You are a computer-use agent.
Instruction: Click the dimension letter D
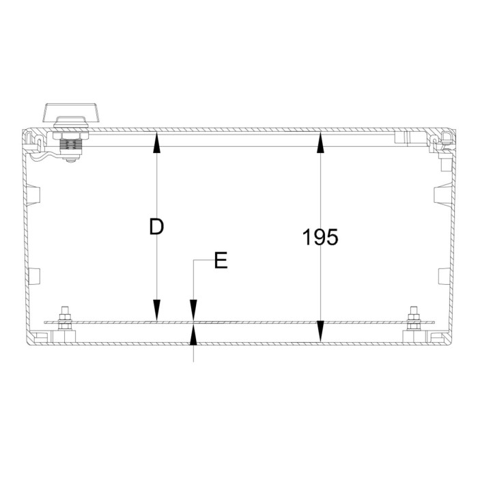(x=156, y=227)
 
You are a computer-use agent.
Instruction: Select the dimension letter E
(x=221, y=261)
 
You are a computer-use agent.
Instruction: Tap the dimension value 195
(x=320, y=238)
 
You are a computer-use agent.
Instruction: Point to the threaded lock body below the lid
(x=71, y=145)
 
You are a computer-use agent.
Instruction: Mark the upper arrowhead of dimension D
(x=157, y=140)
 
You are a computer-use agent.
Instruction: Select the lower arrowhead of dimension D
(x=157, y=313)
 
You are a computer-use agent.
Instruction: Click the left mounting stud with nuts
(x=66, y=320)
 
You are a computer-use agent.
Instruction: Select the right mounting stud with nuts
(x=412, y=320)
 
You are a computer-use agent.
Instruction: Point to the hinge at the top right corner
(x=442, y=140)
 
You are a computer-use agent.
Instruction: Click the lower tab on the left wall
(x=35, y=276)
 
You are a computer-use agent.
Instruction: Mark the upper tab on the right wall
(x=442, y=195)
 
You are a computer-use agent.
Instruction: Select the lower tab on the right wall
(x=442, y=276)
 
